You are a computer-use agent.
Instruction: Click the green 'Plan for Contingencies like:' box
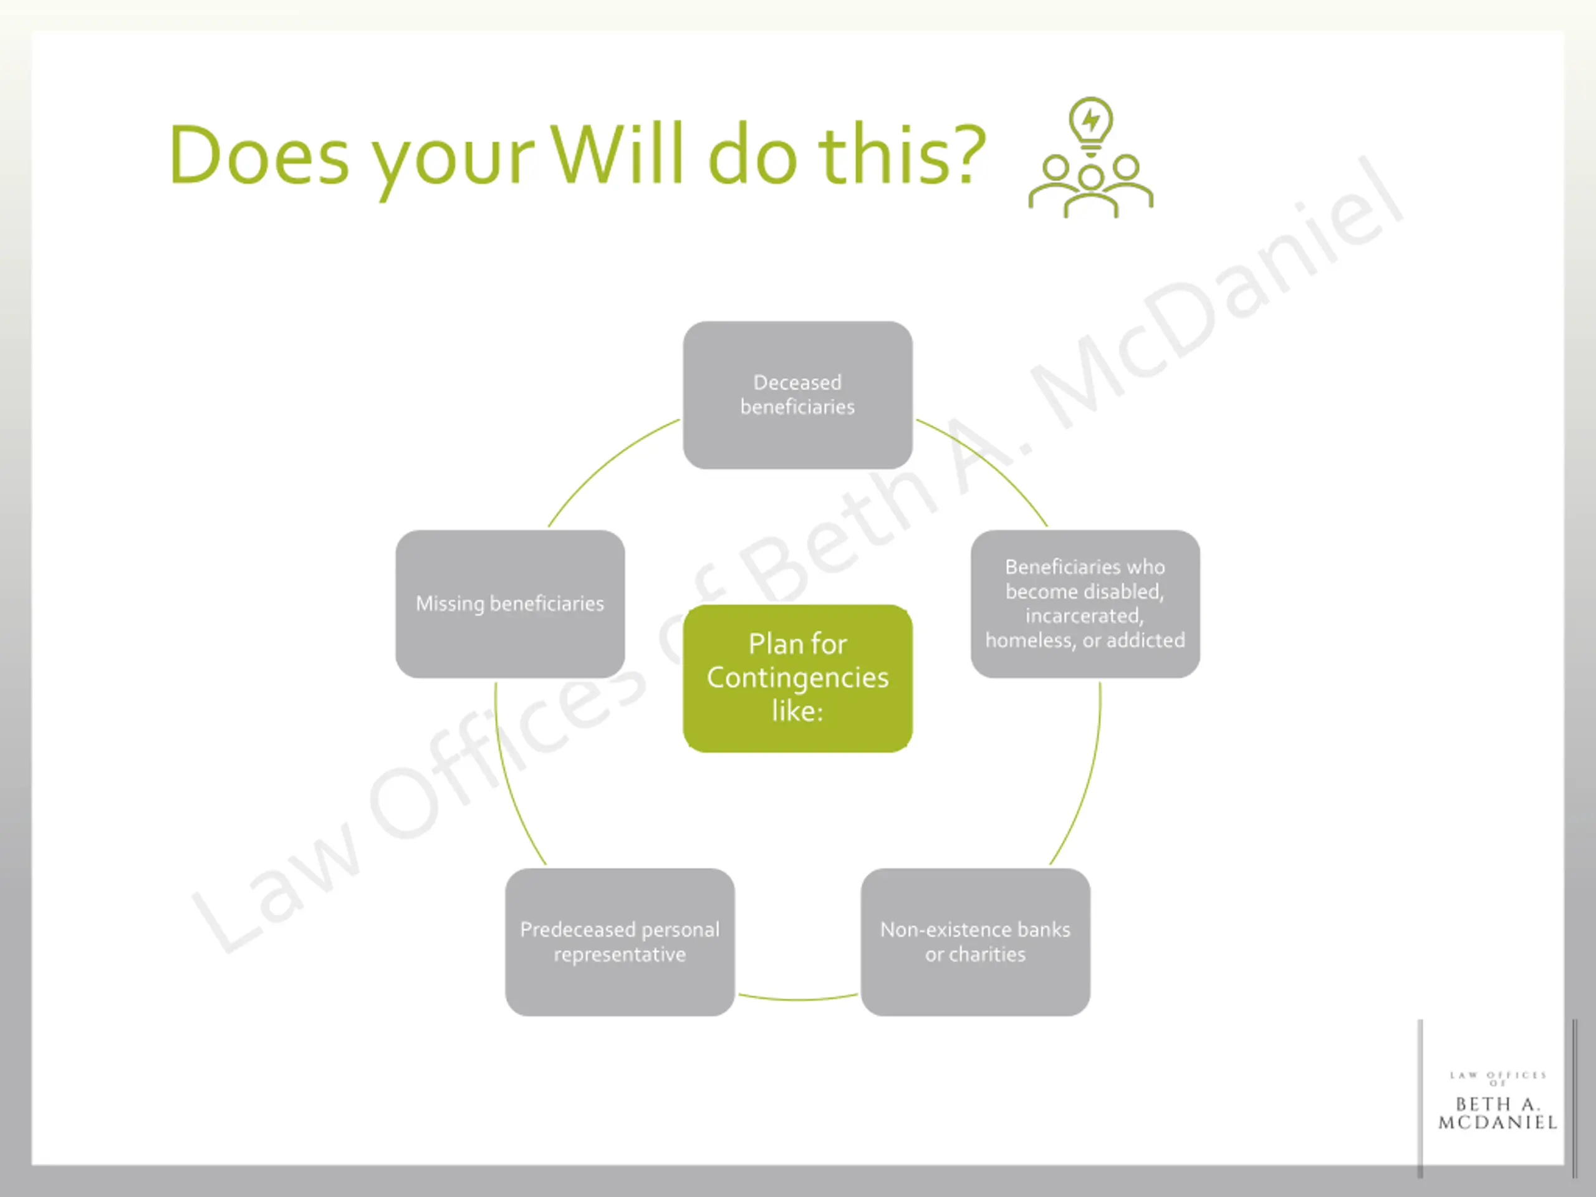797,678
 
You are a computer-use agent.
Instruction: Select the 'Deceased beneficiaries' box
797,395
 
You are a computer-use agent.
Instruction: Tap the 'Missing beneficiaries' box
509,604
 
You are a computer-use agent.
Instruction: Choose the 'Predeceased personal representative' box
620,941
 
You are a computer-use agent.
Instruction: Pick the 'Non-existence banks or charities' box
975,941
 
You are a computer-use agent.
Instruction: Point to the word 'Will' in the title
617,155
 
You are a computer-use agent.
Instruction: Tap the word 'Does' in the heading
260,156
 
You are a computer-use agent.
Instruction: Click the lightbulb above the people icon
1090,123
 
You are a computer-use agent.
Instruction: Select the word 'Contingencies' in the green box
797,678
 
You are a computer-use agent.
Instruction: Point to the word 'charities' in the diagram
986,954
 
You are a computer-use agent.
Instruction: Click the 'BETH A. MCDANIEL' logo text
1497,1113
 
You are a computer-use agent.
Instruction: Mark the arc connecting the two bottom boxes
797,999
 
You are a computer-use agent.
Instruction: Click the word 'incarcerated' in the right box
1084,616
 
